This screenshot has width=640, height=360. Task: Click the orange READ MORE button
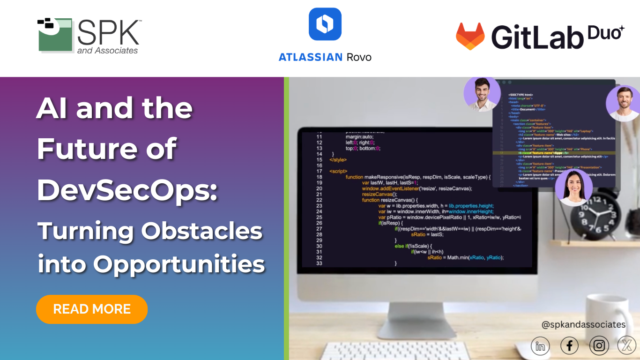click(x=92, y=309)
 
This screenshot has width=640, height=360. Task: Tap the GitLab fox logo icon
click(x=470, y=36)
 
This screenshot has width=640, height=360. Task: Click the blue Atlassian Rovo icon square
click(x=325, y=24)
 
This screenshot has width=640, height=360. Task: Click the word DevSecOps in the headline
click(x=127, y=190)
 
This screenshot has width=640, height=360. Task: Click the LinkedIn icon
click(x=540, y=346)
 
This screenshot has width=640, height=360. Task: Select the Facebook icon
click(x=569, y=346)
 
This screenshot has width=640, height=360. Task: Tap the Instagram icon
click(x=599, y=346)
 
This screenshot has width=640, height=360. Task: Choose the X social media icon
click(x=627, y=346)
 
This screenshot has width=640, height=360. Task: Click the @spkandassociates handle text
click(x=583, y=324)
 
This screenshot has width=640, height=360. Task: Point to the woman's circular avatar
click(x=574, y=187)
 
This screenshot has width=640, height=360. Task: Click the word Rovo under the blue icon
click(x=359, y=57)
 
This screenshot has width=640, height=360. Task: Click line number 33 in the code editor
click(x=319, y=263)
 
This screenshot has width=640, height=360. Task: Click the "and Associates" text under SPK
click(x=107, y=50)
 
